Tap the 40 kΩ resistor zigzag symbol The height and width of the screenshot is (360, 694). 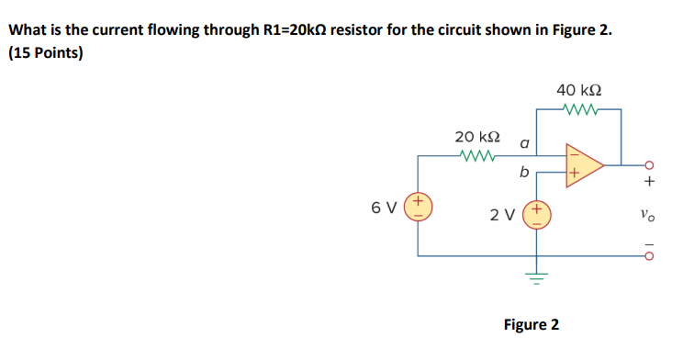(x=580, y=111)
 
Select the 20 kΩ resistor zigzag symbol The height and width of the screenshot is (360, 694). (x=478, y=156)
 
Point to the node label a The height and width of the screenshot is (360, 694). (x=524, y=143)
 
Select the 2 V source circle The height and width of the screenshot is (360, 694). (x=534, y=215)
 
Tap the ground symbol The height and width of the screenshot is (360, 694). (x=534, y=276)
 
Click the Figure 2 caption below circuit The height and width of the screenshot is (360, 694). (x=532, y=324)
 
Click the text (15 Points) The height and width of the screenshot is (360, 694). (x=45, y=52)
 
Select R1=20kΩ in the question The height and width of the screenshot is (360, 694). (x=281, y=29)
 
